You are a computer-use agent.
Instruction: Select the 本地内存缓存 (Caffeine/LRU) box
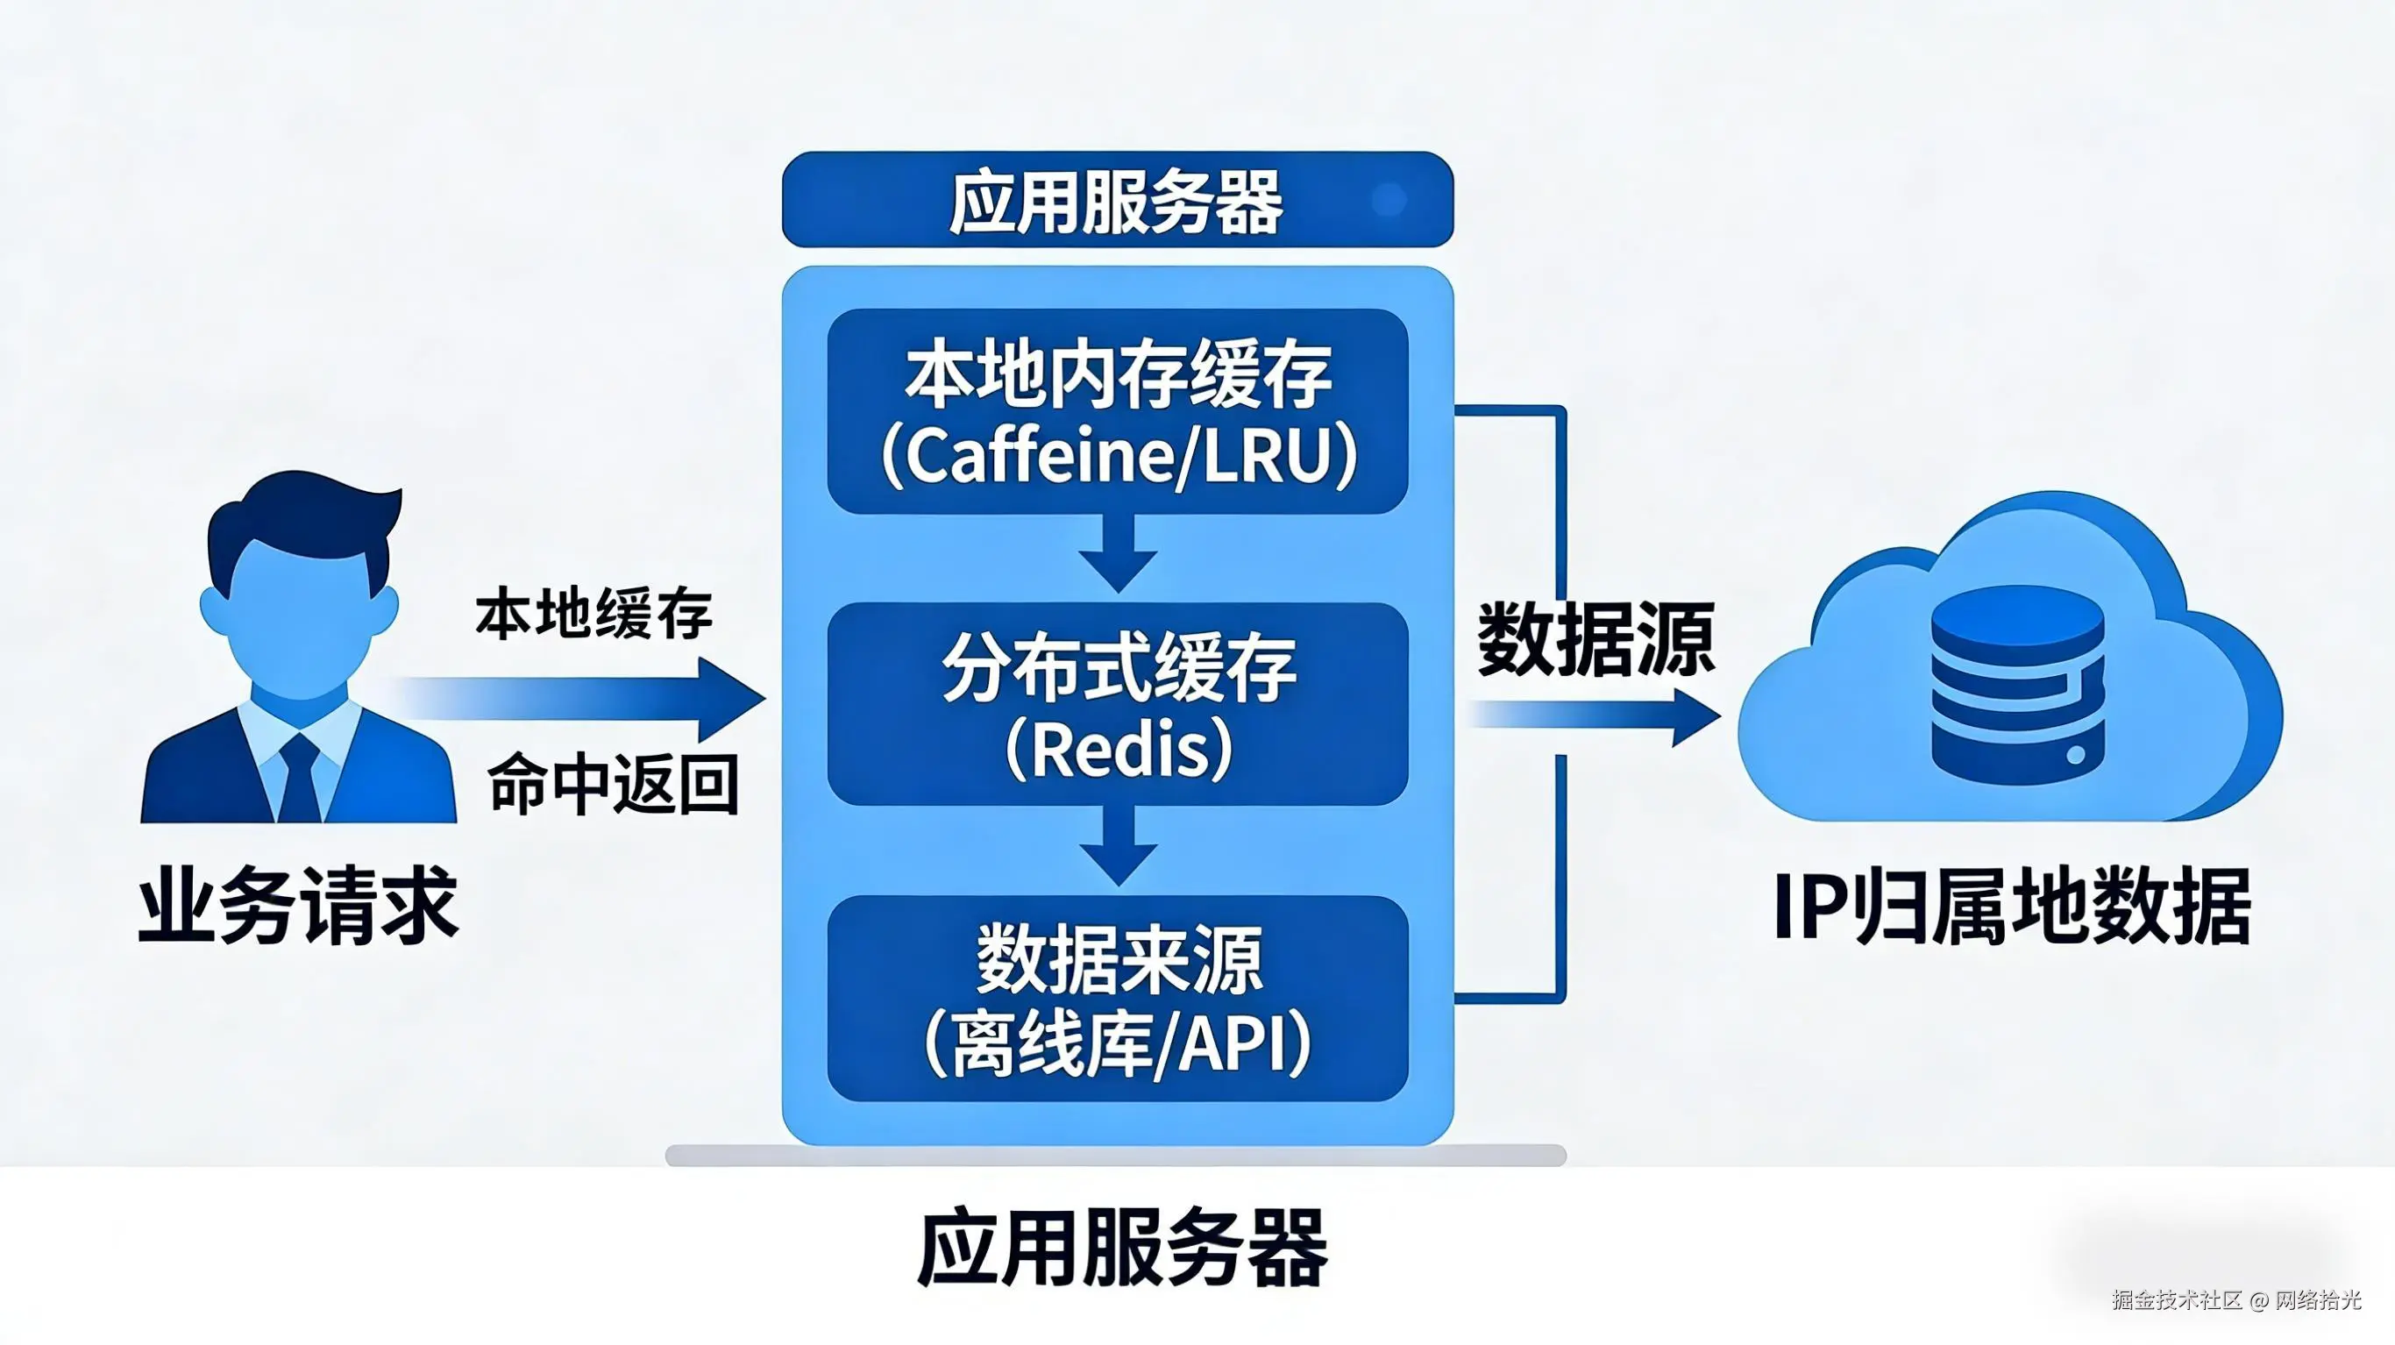[x=1118, y=410]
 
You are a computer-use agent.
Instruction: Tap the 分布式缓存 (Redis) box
[x=1118, y=704]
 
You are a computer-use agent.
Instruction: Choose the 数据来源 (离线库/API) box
[x=1118, y=998]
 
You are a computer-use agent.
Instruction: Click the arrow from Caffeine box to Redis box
[x=1118, y=555]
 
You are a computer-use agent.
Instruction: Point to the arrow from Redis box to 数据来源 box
[x=1118, y=847]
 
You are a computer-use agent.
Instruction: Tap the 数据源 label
[x=1595, y=639]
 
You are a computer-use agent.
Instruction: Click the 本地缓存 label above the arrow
[x=593, y=614]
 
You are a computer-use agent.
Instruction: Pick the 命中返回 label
[x=613, y=784]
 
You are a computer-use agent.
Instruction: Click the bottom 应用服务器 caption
[x=1122, y=1248]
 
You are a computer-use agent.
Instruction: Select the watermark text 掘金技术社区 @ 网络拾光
[x=2235, y=1299]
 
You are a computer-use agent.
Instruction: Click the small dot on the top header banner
[x=1389, y=199]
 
